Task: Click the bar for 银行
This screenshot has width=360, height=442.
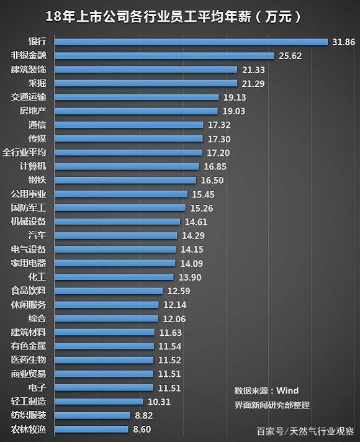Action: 191,42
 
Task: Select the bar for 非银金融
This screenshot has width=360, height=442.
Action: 164,55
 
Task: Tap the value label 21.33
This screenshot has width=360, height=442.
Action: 253,70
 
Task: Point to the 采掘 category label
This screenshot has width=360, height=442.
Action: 37,83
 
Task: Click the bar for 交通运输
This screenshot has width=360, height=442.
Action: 137,97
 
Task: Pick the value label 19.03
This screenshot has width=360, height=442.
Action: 234,111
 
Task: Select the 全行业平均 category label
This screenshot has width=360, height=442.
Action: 24,153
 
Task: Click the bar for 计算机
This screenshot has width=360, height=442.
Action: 127,166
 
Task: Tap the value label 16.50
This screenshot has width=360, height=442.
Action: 212,180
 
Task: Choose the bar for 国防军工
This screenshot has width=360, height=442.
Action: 120,208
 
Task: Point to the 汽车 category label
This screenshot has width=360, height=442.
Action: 37,235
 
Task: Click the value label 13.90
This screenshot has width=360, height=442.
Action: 190,277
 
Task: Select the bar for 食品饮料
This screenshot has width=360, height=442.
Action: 109,291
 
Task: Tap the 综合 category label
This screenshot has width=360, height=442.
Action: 37,318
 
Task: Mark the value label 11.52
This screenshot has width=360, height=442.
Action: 169,360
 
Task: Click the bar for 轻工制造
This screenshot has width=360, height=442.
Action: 99,402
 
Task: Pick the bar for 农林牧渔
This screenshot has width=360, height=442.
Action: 91,429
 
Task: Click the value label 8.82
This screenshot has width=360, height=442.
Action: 144,415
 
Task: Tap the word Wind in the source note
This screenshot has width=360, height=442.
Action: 287,390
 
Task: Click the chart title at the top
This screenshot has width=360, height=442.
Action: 173,17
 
